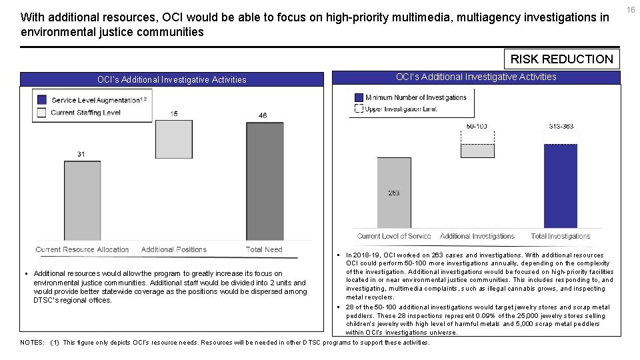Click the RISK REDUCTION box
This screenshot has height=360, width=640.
pyautogui.click(x=561, y=59)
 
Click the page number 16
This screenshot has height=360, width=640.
pyautogui.click(x=631, y=9)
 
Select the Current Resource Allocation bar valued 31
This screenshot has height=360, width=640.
pyautogui.click(x=82, y=200)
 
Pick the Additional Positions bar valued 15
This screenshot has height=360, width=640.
pyautogui.click(x=173, y=139)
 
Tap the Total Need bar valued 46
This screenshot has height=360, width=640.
pyautogui.click(x=264, y=181)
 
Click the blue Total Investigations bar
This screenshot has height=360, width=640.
pyautogui.click(x=560, y=186)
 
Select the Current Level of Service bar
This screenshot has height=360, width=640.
pyautogui.click(x=394, y=193)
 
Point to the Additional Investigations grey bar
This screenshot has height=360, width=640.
pyautogui.click(x=477, y=151)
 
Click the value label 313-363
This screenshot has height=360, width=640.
pyautogui.click(x=561, y=126)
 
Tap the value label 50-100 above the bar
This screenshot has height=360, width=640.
pyautogui.click(x=477, y=126)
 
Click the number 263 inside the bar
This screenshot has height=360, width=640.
pyautogui.click(x=394, y=193)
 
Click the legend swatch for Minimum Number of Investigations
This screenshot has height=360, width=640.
pyautogui.click(x=359, y=97)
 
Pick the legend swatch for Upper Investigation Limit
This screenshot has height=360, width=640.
pyautogui.click(x=359, y=109)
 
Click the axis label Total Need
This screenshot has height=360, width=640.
pyautogui.click(x=264, y=249)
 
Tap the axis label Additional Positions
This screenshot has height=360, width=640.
pyautogui.click(x=173, y=249)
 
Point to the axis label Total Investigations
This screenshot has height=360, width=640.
pyautogui.click(x=561, y=236)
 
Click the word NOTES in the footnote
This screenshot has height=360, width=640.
pyautogui.click(x=32, y=343)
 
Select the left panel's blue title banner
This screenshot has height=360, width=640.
pyautogui.click(x=171, y=79)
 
